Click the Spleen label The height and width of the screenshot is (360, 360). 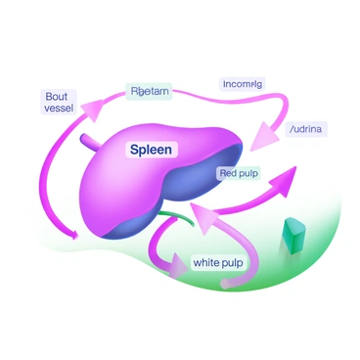152,151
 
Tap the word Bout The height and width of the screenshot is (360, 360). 57,96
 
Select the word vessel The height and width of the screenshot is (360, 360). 59,109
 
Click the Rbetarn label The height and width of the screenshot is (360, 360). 150,91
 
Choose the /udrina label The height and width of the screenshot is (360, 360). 307,128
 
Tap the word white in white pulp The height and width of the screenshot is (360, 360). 207,262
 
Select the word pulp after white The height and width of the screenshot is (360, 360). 233,262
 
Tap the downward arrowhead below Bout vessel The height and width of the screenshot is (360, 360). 70,235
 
